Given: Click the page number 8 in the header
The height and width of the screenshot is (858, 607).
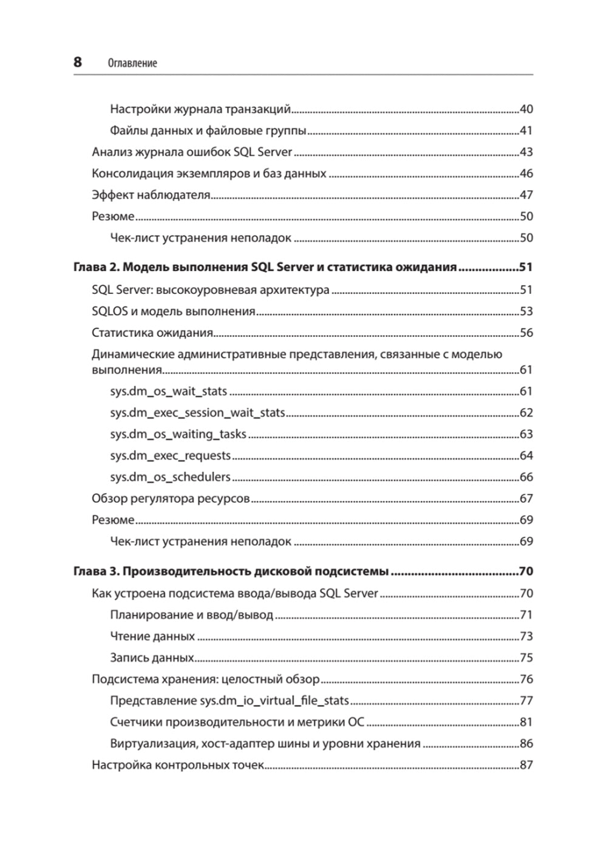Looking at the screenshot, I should [x=78, y=62].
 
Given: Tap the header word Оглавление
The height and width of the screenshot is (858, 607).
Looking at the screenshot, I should [x=132, y=63].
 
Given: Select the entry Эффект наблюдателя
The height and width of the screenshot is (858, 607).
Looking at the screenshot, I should [x=151, y=195].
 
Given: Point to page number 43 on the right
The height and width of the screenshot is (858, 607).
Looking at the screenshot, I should [x=526, y=152].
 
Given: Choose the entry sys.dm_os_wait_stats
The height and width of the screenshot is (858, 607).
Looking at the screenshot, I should [x=169, y=392].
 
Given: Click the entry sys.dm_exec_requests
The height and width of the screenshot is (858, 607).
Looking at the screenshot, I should [x=171, y=455].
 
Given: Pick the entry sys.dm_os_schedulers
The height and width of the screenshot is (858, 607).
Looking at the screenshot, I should [x=171, y=477].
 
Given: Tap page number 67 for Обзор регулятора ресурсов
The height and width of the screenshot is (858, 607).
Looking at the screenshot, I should [x=526, y=499].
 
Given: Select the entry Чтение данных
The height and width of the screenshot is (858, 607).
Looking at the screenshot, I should [x=152, y=636].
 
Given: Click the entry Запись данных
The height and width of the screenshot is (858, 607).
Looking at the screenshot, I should [x=152, y=658].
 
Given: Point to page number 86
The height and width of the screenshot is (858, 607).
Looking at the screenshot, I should [x=526, y=743].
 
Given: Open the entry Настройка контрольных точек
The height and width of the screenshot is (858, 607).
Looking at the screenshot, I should [x=178, y=765].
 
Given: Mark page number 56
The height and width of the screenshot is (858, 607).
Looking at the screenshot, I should [x=526, y=333].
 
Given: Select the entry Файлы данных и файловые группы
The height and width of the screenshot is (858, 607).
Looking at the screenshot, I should [x=208, y=131].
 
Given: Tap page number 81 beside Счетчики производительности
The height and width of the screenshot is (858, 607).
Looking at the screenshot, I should [x=526, y=722].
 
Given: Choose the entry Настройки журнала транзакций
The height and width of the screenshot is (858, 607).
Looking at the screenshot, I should [x=200, y=109].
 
